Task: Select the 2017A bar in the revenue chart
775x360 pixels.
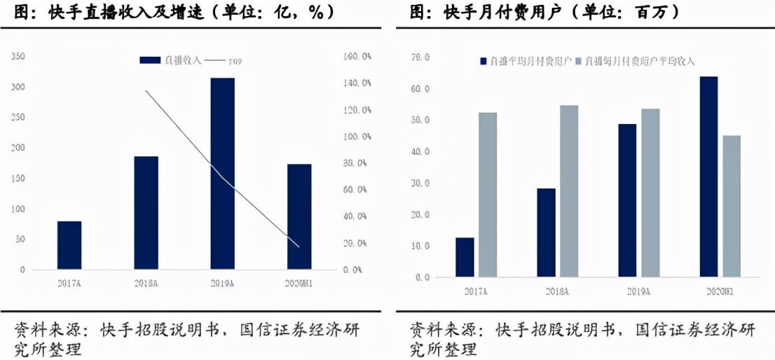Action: coord(69,245)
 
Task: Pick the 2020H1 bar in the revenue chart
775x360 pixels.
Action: coord(299,216)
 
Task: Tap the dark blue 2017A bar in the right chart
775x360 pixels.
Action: coord(465,257)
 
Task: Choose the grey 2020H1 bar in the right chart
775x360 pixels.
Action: coord(731,206)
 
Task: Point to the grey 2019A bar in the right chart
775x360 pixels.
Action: coord(650,193)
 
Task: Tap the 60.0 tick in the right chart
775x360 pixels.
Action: coord(420,89)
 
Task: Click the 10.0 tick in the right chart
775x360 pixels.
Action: coord(420,246)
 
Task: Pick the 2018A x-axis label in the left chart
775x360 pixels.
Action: coord(146,283)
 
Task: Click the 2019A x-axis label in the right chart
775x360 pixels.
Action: coord(638,290)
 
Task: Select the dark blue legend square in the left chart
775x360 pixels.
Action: coord(150,61)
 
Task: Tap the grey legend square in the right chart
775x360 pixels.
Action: coord(579,62)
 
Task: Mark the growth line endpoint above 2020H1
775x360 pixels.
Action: coord(299,247)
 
